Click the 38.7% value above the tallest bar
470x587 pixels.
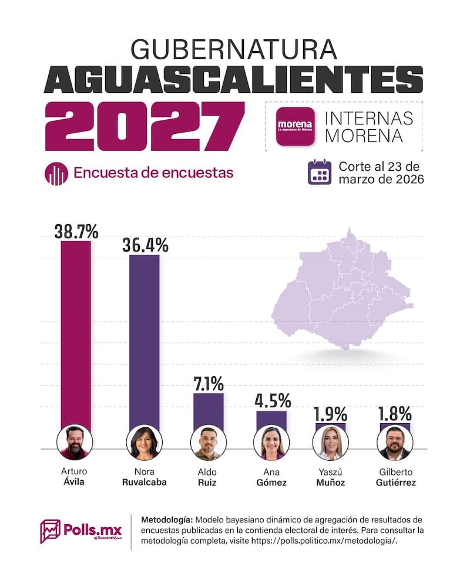(x=76, y=231)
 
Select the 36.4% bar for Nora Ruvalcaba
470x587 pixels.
(x=144, y=340)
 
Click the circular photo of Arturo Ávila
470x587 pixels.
(x=74, y=442)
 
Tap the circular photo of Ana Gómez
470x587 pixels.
(x=271, y=442)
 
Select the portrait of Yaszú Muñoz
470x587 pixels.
(x=330, y=442)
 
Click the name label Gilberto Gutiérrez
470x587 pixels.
(x=395, y=477)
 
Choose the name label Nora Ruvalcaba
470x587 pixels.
(x=144, y=477)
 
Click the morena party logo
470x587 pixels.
(x=295, y=126)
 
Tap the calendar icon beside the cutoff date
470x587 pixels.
(x=320, y=172)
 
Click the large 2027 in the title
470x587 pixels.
(x=144, y=127)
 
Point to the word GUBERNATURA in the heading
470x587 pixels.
(x=234, y=49)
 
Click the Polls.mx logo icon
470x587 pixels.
(x=51, y=531)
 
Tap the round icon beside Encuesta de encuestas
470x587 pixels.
(x=56, y=173)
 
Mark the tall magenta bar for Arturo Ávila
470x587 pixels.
(x=76, y=335)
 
